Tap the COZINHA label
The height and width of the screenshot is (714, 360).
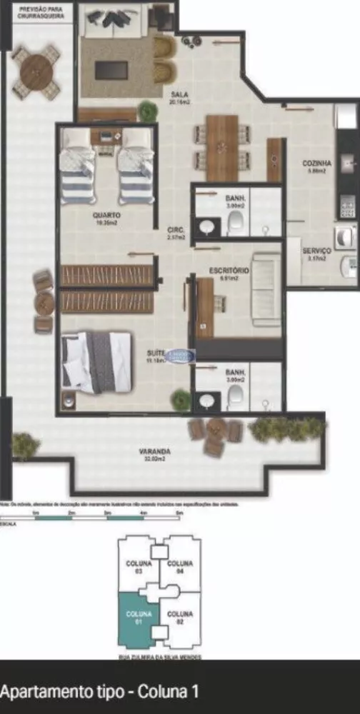315,164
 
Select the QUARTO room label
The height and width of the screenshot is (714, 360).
106,214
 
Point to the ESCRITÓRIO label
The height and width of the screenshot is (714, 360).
229,271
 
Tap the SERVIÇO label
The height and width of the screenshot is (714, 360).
315,251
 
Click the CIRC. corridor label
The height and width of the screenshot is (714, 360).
176,230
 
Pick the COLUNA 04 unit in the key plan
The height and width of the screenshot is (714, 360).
181,565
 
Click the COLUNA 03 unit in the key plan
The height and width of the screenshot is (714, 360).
138,565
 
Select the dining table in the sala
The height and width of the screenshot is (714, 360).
221,146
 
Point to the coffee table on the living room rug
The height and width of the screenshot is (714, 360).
111,71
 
